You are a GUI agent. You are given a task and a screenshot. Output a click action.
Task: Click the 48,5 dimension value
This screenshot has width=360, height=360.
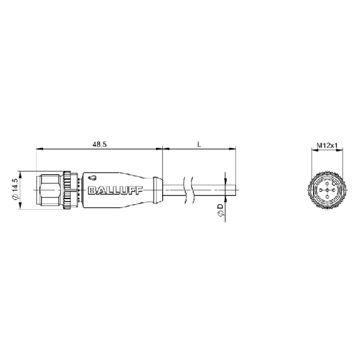tap(100, 145)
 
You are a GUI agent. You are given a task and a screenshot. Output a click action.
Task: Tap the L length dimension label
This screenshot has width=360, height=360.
tap(199, 145)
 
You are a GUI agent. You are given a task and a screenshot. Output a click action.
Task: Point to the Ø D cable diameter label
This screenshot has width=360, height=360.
tap(220, 210)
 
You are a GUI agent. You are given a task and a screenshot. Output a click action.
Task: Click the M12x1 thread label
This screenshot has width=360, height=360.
tap(327, 145)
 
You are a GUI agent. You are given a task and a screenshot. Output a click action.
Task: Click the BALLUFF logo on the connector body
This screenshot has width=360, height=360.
tap(115, 190)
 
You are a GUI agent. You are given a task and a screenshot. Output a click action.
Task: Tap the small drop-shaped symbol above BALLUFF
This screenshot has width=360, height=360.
tap(93, 178)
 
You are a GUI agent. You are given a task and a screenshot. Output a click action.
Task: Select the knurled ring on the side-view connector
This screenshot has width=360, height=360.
tap(67, 190)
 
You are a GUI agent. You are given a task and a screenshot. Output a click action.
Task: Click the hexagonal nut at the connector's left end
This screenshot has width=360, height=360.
tap(50, 190)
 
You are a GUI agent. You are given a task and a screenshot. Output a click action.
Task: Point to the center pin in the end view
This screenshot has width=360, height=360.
tap(327, 190)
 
